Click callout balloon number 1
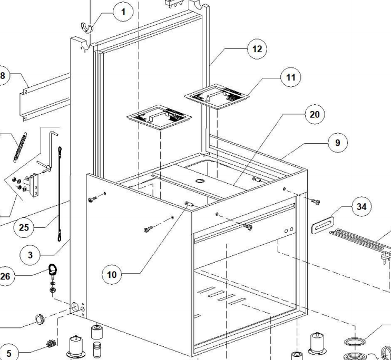(123, 12)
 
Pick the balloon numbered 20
(315, 114)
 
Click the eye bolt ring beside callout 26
(53, 270)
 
